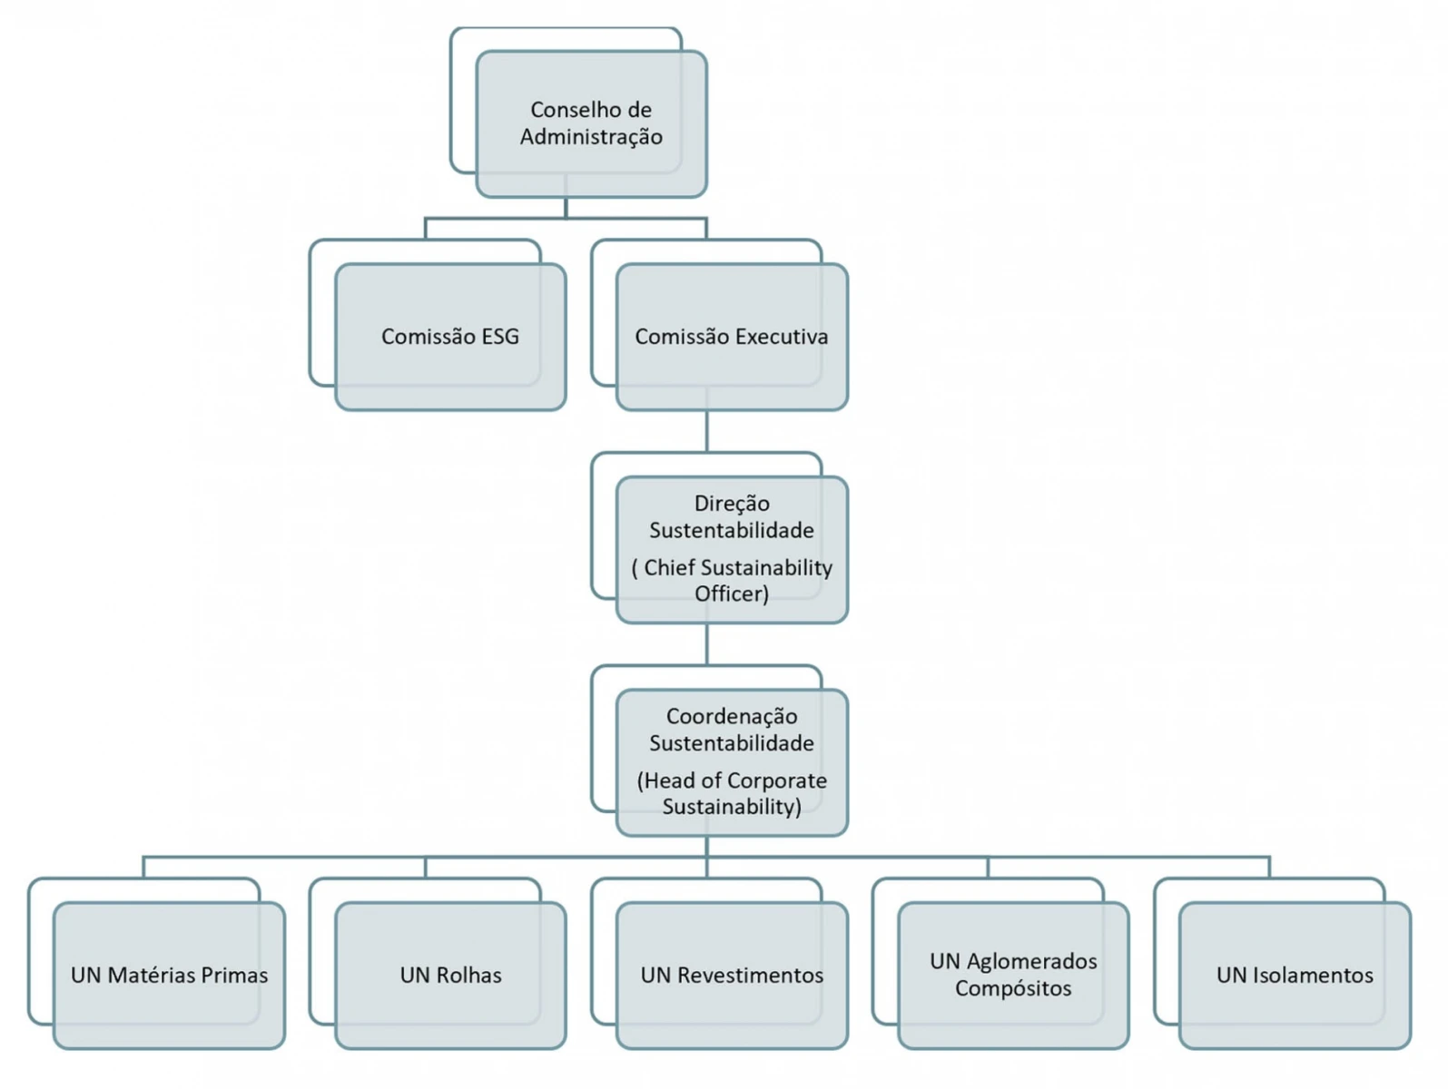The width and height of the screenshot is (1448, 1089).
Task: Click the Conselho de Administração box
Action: click(x=591, y=124)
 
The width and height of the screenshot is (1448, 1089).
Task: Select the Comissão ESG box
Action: click(x=450, y=337)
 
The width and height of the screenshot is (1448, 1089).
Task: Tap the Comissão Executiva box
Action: click(x=732, y=337)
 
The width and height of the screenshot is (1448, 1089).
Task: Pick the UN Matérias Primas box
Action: click(x=169, y=976)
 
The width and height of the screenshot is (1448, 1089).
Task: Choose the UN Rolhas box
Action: click(x=450, y=976)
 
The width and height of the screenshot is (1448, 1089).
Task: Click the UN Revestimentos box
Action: click(x=732, y=976)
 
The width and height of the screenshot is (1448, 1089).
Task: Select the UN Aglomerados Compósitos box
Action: click(x=1013, y=976)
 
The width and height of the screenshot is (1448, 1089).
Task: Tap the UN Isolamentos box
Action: click(x=1295, y=976)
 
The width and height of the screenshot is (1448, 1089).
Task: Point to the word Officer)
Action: click(x=732, y=594)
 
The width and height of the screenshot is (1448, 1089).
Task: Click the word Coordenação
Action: click(x=732, y=717)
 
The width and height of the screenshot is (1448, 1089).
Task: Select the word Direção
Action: click(x=732, y=504)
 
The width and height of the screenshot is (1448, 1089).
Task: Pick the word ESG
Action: click(x=500, y=337)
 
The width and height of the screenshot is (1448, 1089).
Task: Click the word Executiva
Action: click(x=782, y=337)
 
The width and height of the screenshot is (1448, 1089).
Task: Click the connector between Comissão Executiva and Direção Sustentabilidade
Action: click(x=706, y=431)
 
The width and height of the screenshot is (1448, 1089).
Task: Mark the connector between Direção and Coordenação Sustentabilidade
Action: click(x=706, y=644)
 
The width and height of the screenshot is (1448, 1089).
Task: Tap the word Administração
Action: click(x=591, y=137)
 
